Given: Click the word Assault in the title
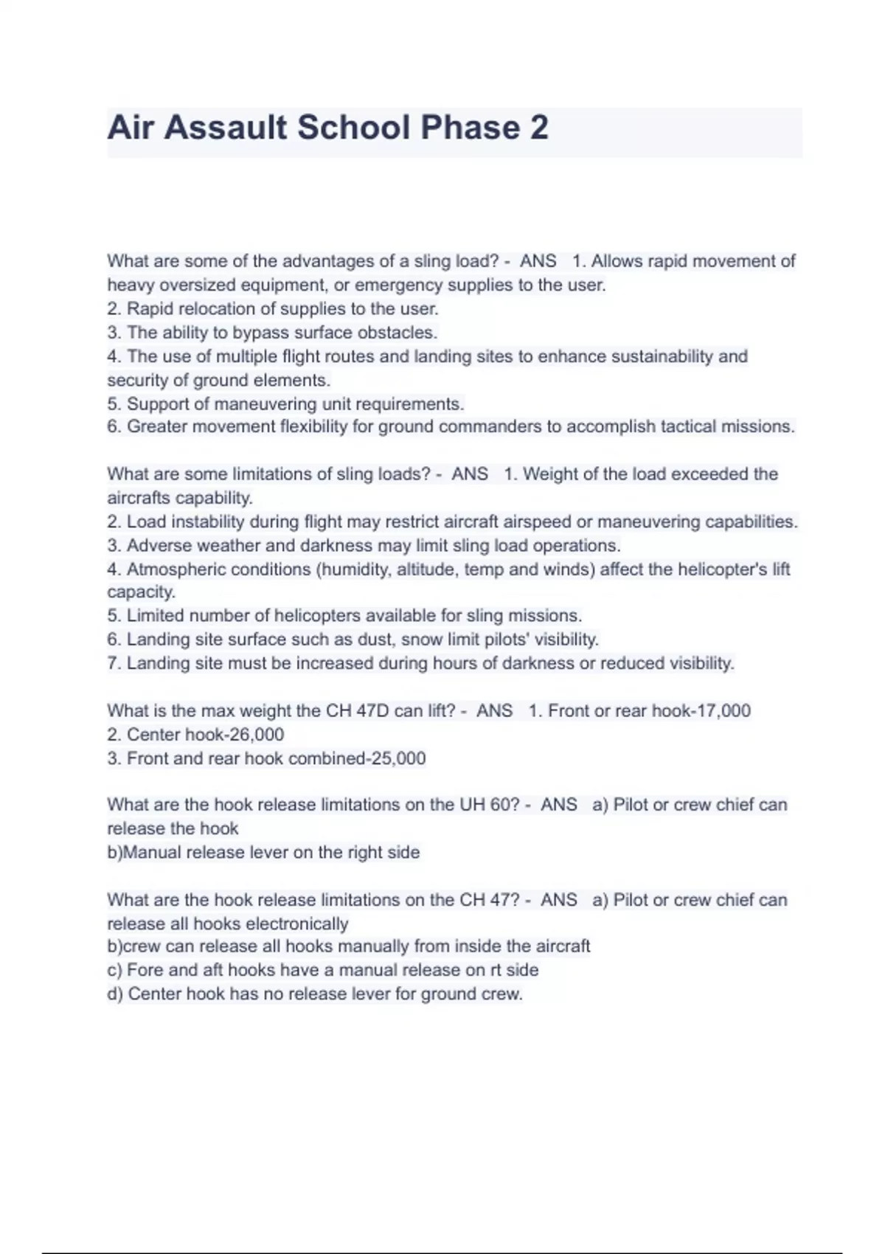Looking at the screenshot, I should pos(226,127).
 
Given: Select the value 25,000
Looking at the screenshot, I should pos(398,758).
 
